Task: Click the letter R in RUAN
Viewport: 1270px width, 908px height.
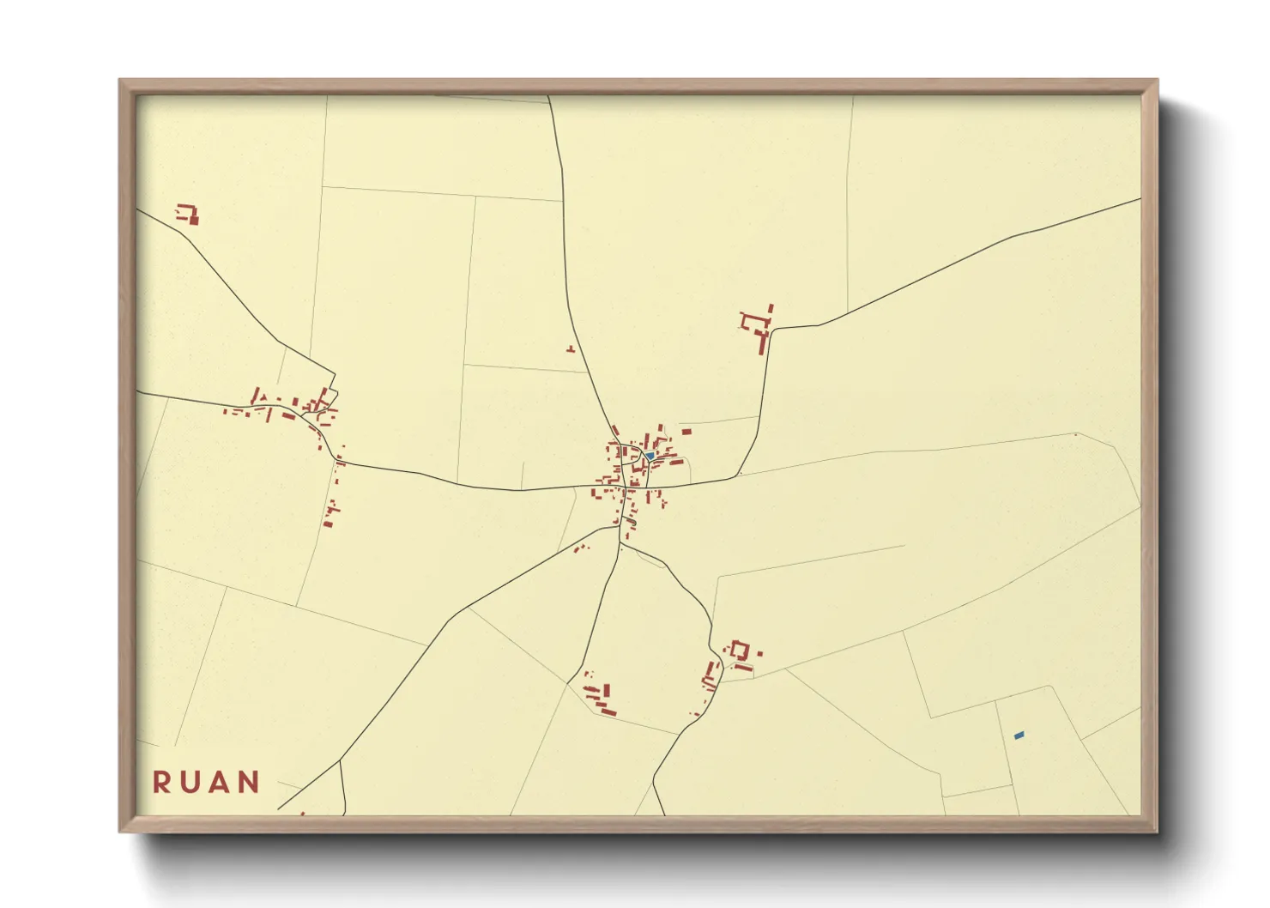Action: [x=160, y=783]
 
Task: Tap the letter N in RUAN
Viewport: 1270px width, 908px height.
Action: [x=249, y=783]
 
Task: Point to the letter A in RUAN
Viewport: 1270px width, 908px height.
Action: [x=219, y=783]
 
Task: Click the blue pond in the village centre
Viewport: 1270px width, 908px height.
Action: [x=650, y=456]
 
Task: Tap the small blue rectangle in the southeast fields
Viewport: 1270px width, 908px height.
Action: [x=1019, y=735]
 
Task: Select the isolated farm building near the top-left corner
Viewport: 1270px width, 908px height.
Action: [x=188, y=214]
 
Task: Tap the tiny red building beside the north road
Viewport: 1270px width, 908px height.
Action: [x=570, y=348]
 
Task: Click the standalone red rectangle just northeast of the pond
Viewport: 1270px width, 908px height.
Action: [x=686, y=432]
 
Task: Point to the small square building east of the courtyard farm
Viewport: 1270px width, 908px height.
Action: [x=759, y=654]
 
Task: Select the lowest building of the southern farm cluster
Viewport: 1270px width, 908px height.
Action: [x=608, y=711]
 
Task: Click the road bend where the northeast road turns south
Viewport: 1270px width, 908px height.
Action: [x=771, y=329]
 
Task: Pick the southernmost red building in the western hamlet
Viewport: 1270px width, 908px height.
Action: [x=328, y=523]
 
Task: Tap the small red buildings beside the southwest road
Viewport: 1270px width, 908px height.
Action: [x=581, y=548]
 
